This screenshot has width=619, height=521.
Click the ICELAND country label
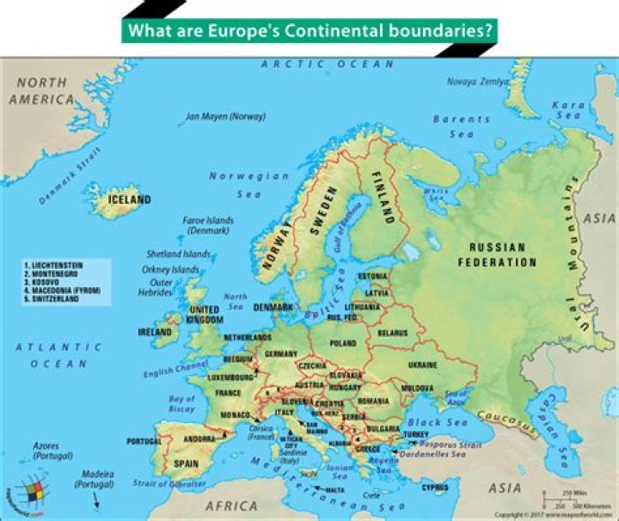click(129, 199)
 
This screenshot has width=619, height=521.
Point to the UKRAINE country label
click(422, 365)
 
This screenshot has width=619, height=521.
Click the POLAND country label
click(341, 343)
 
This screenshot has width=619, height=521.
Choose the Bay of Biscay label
click(182, 404)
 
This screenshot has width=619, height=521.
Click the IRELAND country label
click(154, 331)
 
